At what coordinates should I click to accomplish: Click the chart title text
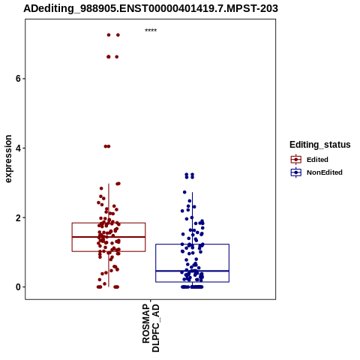coord(151,8)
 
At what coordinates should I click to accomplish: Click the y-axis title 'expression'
coord(8,159)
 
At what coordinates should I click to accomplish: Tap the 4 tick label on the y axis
coord(18,148)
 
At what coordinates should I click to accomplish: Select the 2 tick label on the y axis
coord(18,217)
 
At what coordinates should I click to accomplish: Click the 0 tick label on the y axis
coord(18,287)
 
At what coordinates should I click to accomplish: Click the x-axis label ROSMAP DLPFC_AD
coord(151,328)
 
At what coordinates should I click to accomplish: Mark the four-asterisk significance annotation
coord(151,31)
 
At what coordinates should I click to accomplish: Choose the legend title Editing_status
coord(320,145)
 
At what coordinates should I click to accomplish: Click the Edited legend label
coord(317,160)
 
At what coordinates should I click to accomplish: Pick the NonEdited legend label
coord(325,172)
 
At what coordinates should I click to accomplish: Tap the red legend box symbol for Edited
coord(296,160)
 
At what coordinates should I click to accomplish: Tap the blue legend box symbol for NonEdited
coord(296,172)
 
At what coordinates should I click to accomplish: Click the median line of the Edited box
coord(109,237)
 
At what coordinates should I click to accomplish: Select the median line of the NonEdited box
coord(192,271)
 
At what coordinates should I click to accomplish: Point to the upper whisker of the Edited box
coord(109,203)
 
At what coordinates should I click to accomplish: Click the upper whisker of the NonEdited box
coord(192,218)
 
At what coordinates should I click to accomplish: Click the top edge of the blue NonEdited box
coord(192,244)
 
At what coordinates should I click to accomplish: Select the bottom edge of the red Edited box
coord(109,251)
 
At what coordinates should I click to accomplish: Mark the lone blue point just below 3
coord(184,192)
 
